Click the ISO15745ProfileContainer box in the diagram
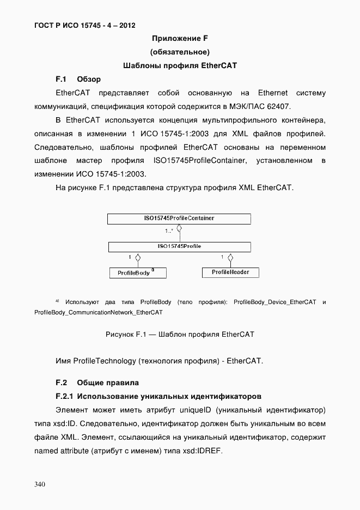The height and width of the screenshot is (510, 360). tap(179, 218)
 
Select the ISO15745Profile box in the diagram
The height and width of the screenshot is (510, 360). tap(179, 247)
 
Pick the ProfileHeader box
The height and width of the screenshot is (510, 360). tap(230, 272)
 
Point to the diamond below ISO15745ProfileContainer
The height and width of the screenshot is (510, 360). tap(179, 232)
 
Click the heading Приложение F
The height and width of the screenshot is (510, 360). tap(180, 38)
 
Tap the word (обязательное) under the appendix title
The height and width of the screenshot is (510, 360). tap(180, 52)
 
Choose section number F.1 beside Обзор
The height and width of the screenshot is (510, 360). tap(60, 79)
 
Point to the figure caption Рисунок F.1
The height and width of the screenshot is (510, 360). tap(180, 334)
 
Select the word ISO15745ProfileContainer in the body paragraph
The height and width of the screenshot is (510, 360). tap(200, 161)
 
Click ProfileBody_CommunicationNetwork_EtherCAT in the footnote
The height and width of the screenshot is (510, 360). tap(98, 312)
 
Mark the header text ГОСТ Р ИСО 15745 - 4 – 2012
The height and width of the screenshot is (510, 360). tap(84, 25)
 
